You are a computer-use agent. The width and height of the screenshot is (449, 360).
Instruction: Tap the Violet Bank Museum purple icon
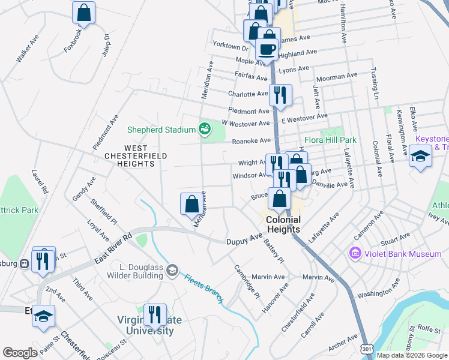click(354, 254)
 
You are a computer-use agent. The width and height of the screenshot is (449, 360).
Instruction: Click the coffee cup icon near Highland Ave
click(267, 50)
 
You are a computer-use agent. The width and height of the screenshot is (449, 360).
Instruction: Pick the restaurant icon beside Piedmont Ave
click(280, 95)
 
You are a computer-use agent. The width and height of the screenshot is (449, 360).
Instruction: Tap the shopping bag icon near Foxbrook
click(83, 13)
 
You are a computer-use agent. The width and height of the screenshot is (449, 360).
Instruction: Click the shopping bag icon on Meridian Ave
click(191, 203)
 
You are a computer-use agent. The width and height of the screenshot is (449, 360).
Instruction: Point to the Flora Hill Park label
click(330, 140)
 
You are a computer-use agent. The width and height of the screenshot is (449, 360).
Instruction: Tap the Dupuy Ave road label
click(244, 241)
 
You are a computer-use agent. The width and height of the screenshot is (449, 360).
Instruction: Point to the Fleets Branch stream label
click(203, 287)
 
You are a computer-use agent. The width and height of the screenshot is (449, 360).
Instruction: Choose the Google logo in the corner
click(20, 353)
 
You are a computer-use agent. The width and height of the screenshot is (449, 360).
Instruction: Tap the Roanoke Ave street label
click(252, 140)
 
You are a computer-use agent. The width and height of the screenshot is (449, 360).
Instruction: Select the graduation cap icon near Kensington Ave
click(420, 158)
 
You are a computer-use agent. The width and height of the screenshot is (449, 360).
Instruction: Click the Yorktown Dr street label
click(231, 46)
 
